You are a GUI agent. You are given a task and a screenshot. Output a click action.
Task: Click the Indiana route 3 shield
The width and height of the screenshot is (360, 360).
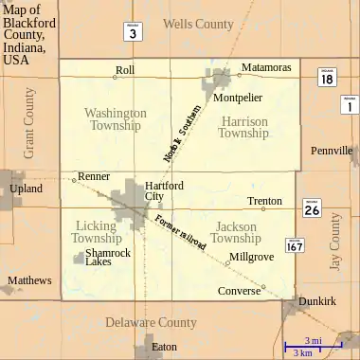click(x=133, y=32)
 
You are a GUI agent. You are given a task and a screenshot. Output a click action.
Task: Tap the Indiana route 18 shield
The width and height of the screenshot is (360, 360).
click(x=326, y=80)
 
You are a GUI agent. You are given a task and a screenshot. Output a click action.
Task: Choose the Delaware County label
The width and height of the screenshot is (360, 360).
click(x=151, y=322)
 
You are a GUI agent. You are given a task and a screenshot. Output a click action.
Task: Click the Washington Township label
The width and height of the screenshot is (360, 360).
click(x=116, y=119)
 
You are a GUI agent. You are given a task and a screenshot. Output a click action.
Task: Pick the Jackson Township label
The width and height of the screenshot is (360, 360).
click(x=236, y=232)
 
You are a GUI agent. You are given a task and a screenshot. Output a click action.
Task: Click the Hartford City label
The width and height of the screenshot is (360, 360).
click(x=164, y=191)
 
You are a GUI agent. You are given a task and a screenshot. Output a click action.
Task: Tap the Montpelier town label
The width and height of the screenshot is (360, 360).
click(x=237, y=98)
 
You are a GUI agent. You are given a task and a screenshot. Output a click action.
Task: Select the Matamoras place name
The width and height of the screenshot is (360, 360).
click(x=266, y=68)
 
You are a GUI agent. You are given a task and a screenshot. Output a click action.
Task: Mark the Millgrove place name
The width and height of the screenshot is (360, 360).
click(x=251, y=257)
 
